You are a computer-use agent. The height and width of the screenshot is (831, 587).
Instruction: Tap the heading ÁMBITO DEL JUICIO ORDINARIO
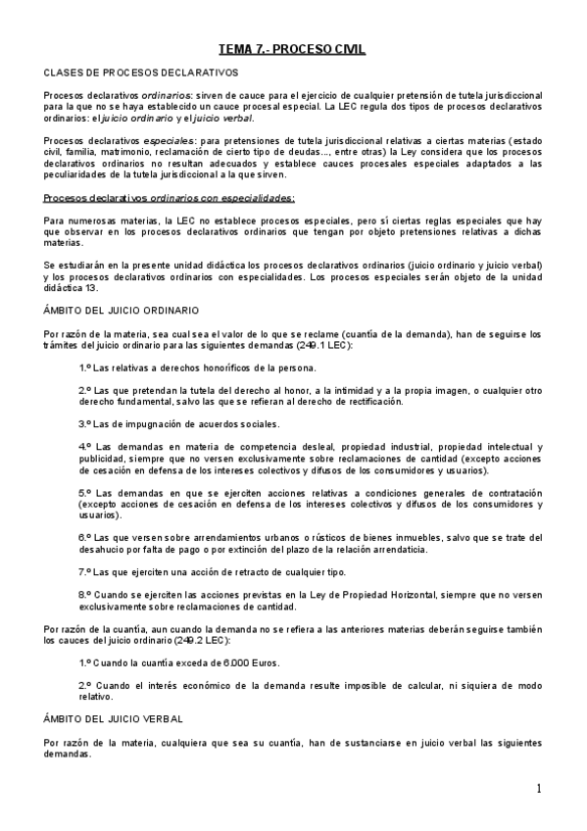tap(122, 310)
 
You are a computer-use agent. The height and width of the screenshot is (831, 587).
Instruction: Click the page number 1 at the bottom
tap(539, 789)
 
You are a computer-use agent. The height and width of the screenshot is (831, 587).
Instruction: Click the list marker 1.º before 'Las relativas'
tap(84, 368)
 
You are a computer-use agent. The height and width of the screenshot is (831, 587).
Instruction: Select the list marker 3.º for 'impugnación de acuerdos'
tap(84, 424)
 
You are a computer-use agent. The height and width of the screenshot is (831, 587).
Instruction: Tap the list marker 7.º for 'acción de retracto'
tap(84, 571)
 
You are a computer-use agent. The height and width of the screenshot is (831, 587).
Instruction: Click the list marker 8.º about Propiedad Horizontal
tap(84, 594)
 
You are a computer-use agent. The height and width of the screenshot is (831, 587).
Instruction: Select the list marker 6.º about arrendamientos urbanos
tap(84, 538)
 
